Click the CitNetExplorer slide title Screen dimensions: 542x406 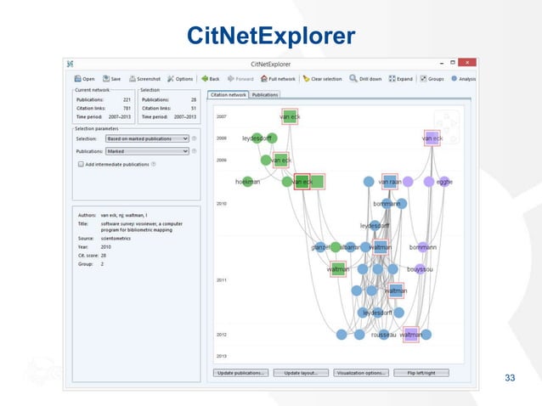[x=270, y=37]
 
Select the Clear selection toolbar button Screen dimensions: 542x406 [x=322, y=79]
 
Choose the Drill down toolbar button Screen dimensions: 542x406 [x=365, y=79]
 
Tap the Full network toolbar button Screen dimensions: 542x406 [x=278, y=79]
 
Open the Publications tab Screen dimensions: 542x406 [x=265, y=94]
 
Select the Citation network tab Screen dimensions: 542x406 [x=227, y=94]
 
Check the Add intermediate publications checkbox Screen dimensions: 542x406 [x=81, y=163]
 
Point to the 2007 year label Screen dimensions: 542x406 [x=221, y=116]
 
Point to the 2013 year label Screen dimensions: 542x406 [x=221, y=356]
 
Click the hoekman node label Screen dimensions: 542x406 [x=246, y=182]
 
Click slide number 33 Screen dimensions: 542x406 [x=510, y=378]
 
